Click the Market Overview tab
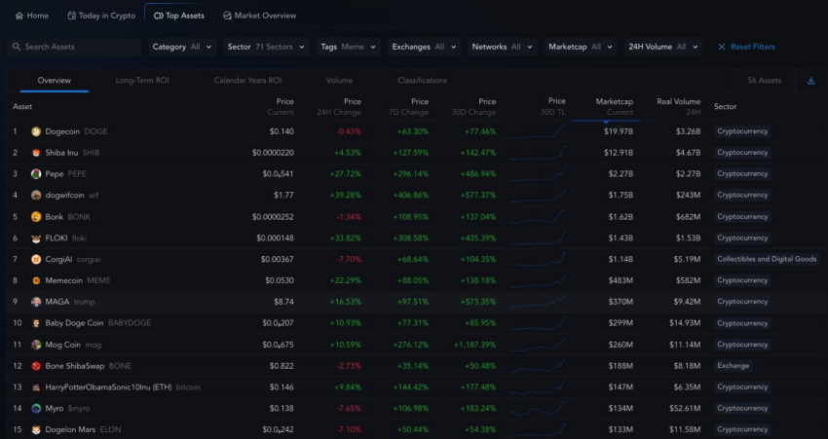click(x=259, y=16)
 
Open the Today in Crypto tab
click(x=101, y=16)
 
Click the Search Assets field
click(x=74, y=47)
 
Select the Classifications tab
click(x=422, y=80)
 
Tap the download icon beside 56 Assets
click(x=810, y=80)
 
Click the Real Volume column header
click(x=678, y=105)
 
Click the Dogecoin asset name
click(x=63, y=131)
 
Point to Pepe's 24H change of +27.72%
click(x=347, y=174)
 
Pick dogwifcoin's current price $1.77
click(x=282, y=195)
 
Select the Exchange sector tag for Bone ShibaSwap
click(x=733, y=366)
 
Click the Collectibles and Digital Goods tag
click(x=767, y=259)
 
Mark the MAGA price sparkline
click(x=536, y=302)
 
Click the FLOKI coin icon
click(x=36, y=238)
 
